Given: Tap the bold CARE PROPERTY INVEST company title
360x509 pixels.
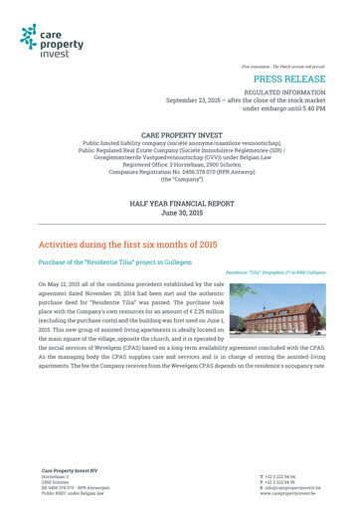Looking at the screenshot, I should pyautogui.click(x=180, y=132).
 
